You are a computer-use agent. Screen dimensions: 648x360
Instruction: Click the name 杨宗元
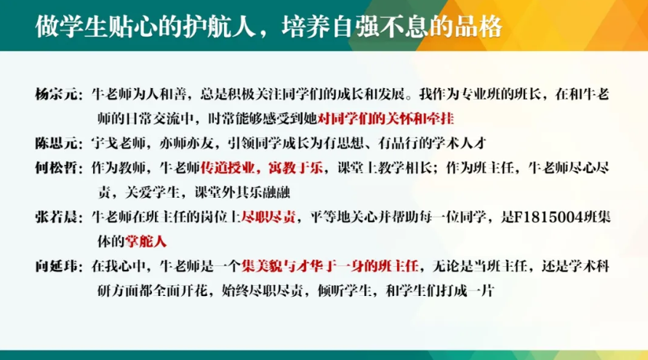(56, 95)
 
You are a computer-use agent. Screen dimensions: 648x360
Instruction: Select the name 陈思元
(56, 143)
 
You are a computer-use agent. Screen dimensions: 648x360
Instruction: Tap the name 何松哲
(56, 168)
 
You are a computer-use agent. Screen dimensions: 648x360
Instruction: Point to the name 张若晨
(56, 217)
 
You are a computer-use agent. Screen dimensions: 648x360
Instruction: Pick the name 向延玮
(56, 267)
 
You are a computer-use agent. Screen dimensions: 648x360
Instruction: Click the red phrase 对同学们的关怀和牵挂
(385, 119)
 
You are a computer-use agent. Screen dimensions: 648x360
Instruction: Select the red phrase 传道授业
(228, 168)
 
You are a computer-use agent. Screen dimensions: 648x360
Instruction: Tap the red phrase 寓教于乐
(295, 168)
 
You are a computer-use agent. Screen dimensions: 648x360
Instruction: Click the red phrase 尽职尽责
(268, 217)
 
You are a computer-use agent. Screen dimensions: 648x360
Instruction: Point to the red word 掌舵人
(145, 241)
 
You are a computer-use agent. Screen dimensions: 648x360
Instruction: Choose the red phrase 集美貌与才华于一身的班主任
(329, 267)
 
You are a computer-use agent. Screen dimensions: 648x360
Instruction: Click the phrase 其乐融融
(263, 193)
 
